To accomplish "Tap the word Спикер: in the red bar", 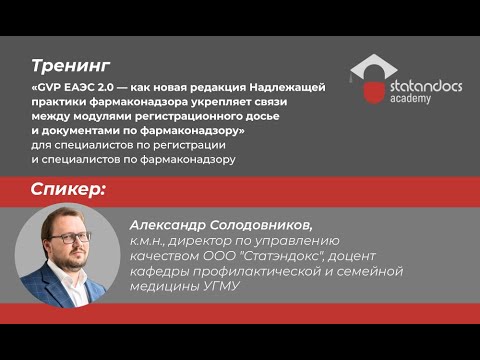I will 68,190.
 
